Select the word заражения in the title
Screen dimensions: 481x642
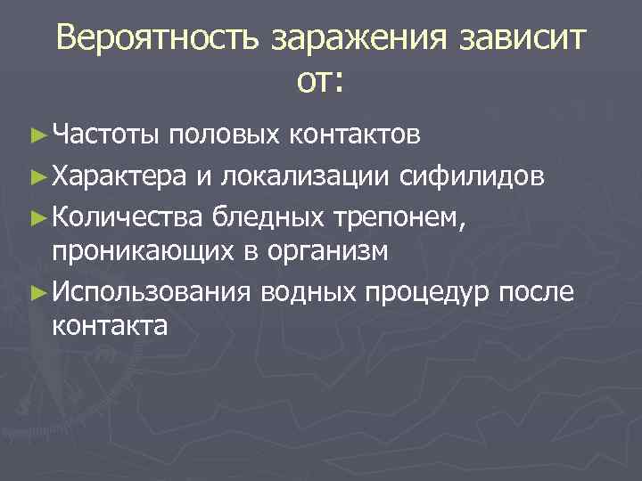click(357, 39)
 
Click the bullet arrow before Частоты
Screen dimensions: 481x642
click(37, 136)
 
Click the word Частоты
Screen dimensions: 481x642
click(105, 136)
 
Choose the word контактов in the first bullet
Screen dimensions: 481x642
click(354, 136)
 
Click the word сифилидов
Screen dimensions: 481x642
click(472, 175)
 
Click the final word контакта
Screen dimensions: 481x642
click(110, 327)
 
